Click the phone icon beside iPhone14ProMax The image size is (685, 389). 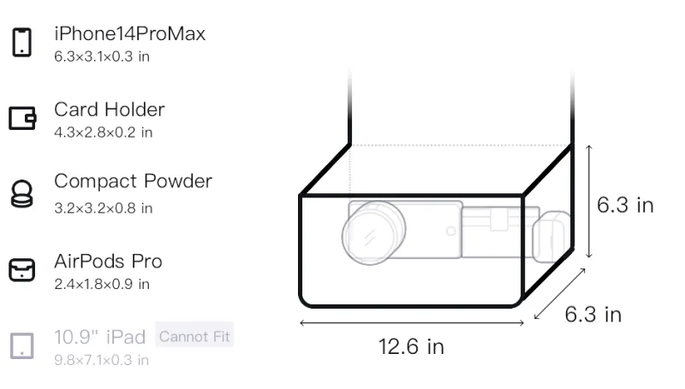(x=22, y=42)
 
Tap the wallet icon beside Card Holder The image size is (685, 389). (x=22, y=118)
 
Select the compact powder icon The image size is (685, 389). (x=22, y=193)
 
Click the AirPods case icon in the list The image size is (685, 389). (x=22, y=270)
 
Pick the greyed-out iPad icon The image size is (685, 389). (x=22, y=346)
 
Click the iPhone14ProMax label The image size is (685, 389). (x=130, y=33)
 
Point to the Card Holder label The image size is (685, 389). (x=110, y=109)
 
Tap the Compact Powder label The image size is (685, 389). (x=134, y=181)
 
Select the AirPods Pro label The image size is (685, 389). (x=109, y=262)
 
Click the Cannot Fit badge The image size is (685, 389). (x=194, y=336)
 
